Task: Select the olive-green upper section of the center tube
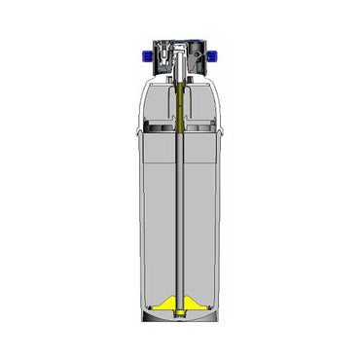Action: coord(181,102)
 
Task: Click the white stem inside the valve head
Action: coord(181,68)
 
